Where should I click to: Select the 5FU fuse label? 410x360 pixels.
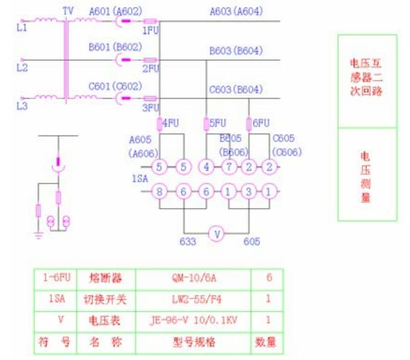pyautogui.click(x=218, y=124)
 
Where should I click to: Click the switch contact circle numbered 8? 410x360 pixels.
pyautogui.click(x=160, y=191)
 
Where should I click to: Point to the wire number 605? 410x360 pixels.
pyautogui.click(x=250, y=242)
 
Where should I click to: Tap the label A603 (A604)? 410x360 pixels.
pyautogui.click(x=236, y=10)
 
